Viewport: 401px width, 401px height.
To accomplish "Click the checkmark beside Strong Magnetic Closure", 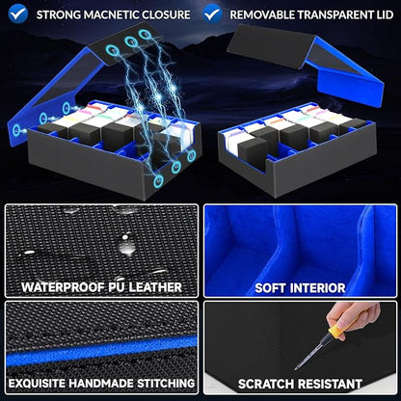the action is click(18, 13).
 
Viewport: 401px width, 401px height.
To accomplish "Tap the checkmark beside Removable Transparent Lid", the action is click(212, 13).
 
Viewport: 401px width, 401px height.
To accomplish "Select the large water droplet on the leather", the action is click(126, 244).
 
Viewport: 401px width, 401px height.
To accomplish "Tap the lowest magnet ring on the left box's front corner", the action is click(158, 181).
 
